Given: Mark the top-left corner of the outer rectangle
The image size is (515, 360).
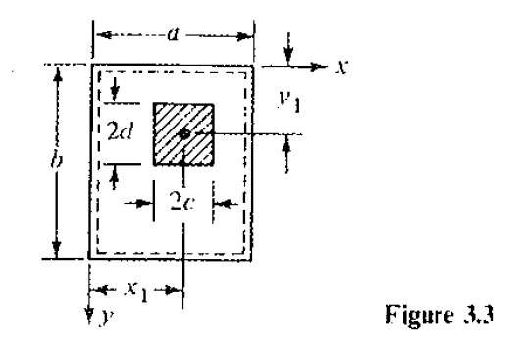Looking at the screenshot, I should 91,66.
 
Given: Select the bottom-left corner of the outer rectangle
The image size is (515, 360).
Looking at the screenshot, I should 91,258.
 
